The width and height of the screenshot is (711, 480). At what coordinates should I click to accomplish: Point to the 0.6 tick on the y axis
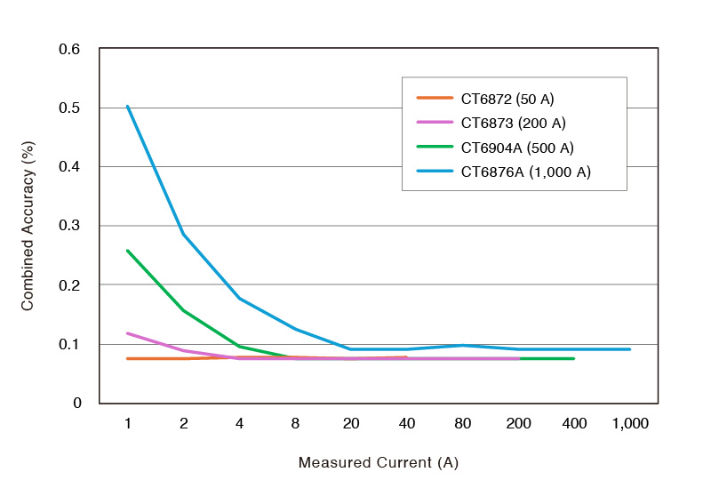(69, 49)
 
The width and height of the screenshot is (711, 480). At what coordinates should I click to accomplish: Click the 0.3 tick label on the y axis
(69, 226)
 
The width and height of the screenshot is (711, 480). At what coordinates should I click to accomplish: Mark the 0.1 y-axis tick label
(69, 344)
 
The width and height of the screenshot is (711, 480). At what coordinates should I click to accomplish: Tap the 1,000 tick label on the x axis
(630, 423)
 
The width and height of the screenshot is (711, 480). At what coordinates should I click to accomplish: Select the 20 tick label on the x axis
(351, 423)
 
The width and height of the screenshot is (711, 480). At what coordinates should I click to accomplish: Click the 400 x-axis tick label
(574, 423)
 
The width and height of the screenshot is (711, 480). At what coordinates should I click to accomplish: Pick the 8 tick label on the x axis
(295, 423)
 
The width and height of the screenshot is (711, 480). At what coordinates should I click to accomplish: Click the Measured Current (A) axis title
(379, 463)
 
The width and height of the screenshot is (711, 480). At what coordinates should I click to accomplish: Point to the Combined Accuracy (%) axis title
(28, 226)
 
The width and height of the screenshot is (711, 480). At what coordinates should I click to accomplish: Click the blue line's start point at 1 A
(128, 107)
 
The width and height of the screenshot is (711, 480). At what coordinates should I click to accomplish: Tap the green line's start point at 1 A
(128, 251)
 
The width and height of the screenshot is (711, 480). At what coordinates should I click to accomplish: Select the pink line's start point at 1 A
(128, 333)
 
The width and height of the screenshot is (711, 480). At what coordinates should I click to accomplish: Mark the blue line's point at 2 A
(184, 235)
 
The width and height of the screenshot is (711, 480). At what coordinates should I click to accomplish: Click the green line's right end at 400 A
(574, 358)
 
